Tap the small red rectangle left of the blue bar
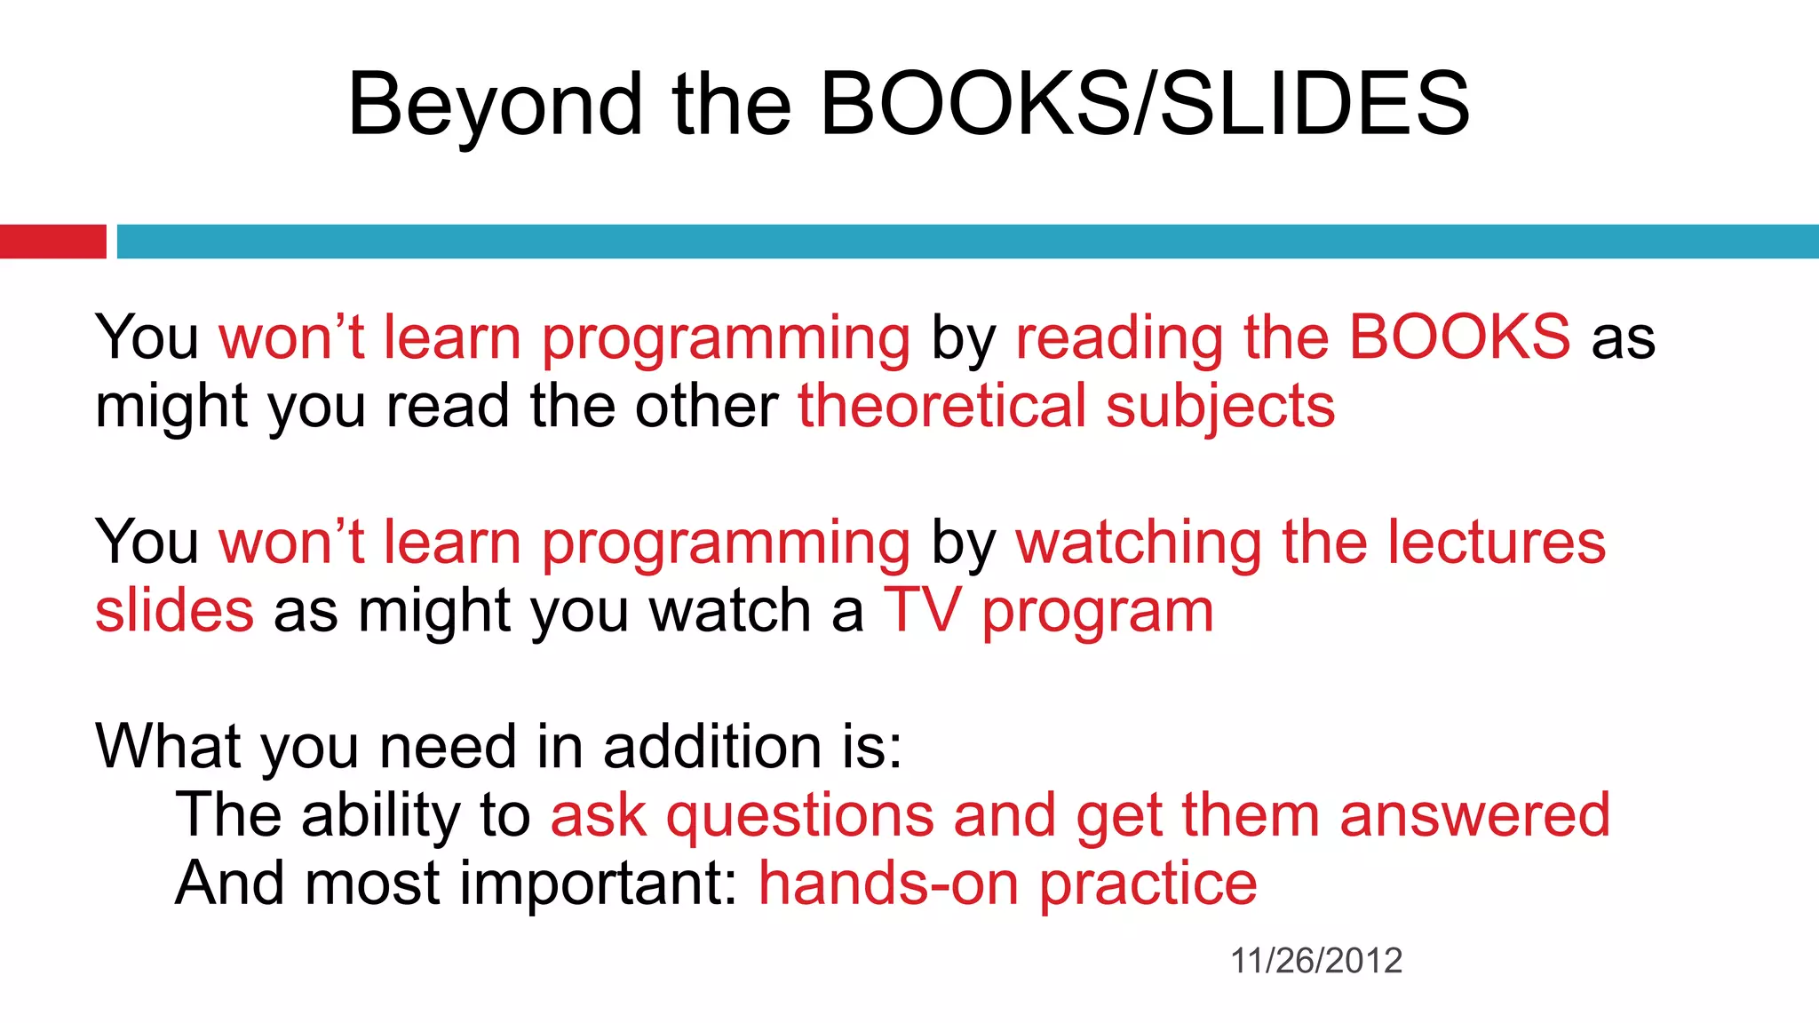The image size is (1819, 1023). [x=52, y=242]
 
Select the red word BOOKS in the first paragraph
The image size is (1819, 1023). [x=1459, y=337]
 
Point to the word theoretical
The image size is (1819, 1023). [x=941, y=407]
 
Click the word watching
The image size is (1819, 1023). [x=1138, y=543]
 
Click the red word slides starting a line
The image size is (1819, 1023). [x=174, y=611]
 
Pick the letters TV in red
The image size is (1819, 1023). [x=922, y=611]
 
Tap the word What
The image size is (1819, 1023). [x=168, y=746]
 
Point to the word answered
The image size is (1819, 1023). [x=1474, y=815]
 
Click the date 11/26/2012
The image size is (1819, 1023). [x=1315, y=961]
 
